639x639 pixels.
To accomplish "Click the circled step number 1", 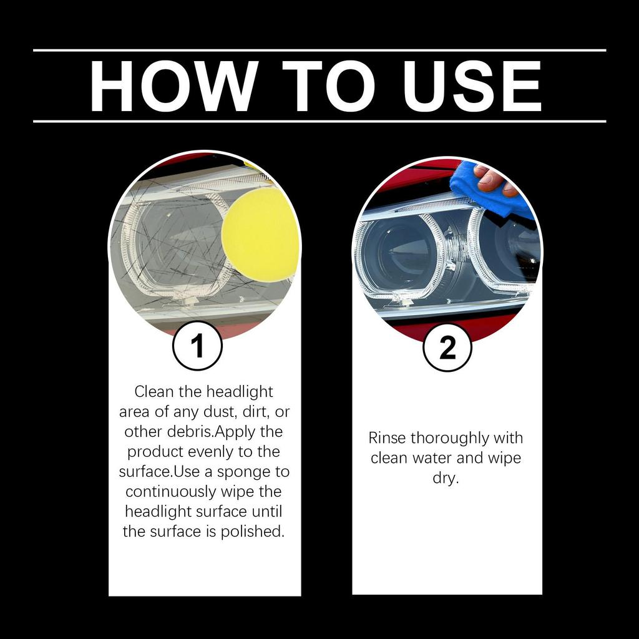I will [197, 346].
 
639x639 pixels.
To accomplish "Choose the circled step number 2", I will [447, 348].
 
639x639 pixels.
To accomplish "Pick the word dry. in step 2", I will [446, 478].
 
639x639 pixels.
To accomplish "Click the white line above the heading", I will [319, 50].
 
